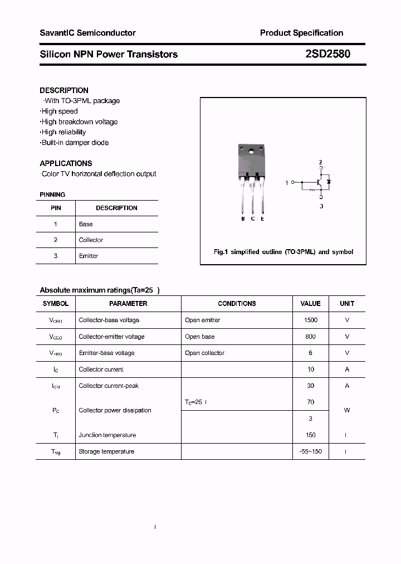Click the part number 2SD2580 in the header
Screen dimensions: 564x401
[x=328, y=54]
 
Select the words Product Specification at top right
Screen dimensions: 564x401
[x=301, y=33]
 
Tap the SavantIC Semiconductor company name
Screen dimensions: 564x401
[x=87, y=33]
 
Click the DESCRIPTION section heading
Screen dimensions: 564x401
[x=64, y=90]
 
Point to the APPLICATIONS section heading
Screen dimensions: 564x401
[x=66, y=163]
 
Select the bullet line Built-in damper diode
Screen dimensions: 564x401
[x=74, y=143]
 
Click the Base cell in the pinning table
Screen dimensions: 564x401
[x=86, y=224]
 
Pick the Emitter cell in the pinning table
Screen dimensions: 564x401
[x=89, y=256]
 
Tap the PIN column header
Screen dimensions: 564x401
[x=56, y=208]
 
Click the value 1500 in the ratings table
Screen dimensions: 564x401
[x=310, y=320]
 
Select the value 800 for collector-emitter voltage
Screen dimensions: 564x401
[x=310, y=337]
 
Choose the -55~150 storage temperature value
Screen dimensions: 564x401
[x=310, y=451]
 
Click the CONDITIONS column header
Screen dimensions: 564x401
[x=237, y=304]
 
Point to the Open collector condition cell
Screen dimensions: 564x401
[x=204, y=353]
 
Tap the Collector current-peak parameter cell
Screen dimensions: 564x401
[x=109, y=386]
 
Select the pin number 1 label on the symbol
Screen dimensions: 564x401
[x=287, y=183]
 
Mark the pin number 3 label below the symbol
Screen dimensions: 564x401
[x=321, y=206]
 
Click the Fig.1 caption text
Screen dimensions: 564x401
[x=283, y=252]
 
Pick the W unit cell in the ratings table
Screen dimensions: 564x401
[x=347, y=410]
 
